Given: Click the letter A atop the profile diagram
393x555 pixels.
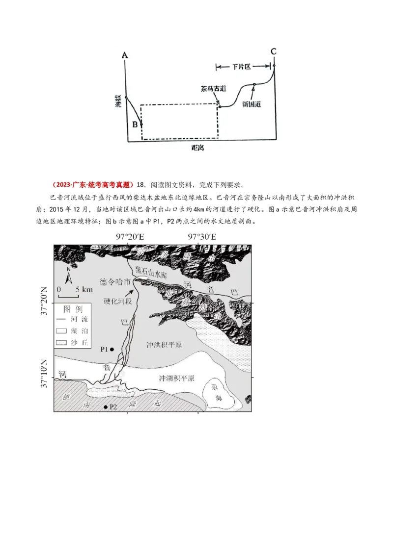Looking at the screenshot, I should [x=125, y=55].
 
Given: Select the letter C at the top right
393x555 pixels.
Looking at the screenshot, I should [x=274, y=51].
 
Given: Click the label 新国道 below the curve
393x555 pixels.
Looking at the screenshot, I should [x=251, y=103].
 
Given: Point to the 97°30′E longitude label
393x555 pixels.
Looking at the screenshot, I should [x=202, y=237].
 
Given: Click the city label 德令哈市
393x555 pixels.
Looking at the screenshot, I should [x=115, y=282].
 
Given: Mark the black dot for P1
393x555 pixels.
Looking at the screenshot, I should [x=112, y=349].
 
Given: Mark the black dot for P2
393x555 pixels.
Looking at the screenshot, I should [x=106, y=407].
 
